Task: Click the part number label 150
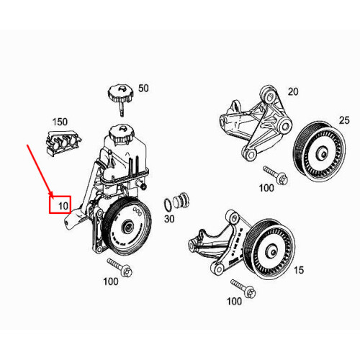(60, 122)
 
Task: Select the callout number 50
(143, 89)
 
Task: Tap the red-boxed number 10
(63, 206)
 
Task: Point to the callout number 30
(169, 219)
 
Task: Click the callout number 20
(293, 91)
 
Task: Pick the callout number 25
(344, 120)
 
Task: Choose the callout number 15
(299, 270)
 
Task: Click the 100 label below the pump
(111, 282)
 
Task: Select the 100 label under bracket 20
(266, 188)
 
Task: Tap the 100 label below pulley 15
(234, 301)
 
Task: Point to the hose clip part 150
(63, 143)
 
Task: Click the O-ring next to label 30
(168, 204)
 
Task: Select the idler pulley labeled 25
(319, 152)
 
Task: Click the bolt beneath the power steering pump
(120, 268)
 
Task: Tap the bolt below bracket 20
(275, 176)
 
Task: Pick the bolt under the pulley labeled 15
(243, 289)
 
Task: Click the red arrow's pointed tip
(52, 196)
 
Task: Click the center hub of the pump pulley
(127, 226)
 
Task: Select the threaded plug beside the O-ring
(181, 201)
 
